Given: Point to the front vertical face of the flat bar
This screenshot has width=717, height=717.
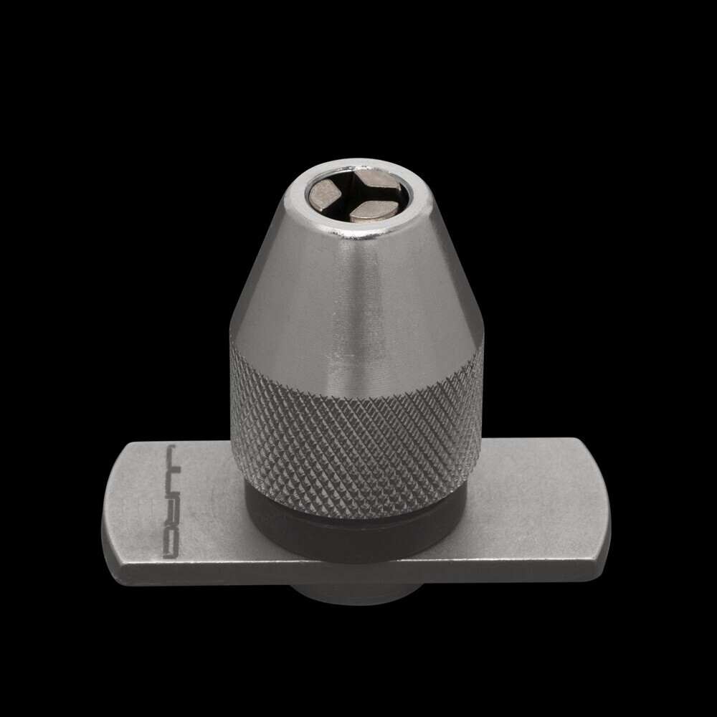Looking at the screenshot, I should tap(358, 574).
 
